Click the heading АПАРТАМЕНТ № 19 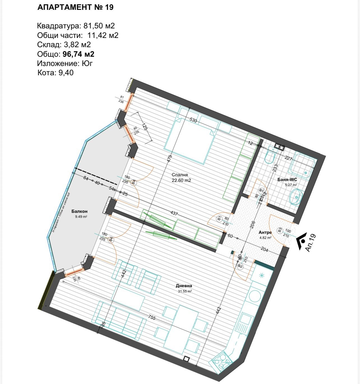coord(75,7)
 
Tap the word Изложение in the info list coord(58,63)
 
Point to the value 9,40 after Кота coord(66,73)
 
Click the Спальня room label coord(180,175)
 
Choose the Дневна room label coord(184,286)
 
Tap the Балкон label coord(79,211)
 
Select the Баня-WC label coord(287,180)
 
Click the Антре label coord(265,232)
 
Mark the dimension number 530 coord(193,120)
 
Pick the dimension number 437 coord(174,213)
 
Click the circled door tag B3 coord(280,230)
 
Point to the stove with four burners coord(221,360)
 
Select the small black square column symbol coord(186,359)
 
